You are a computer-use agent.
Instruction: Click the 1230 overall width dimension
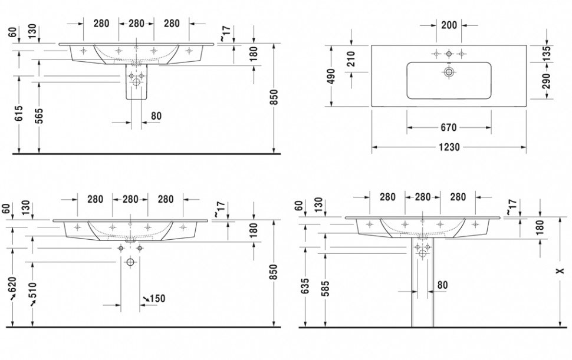click(x=449, y=147)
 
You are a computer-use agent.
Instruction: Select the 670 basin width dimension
click(x=449, y=127)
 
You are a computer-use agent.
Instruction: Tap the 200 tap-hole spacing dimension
click(x=449, y=25)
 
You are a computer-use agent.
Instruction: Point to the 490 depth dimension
click(x=331, y=76)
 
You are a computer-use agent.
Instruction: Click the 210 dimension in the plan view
click(x=351, y=59)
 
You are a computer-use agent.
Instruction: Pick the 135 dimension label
click(x=546, y=52)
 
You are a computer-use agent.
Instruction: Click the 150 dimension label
click(x=156, y=299)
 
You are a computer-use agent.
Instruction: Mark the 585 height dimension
click(x=326, y=288)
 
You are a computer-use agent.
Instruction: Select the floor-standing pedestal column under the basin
click(x=422, y=289)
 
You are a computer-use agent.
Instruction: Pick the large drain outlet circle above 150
click(x=130, y=262)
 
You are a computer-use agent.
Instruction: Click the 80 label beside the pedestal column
click(x=442, y=285)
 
